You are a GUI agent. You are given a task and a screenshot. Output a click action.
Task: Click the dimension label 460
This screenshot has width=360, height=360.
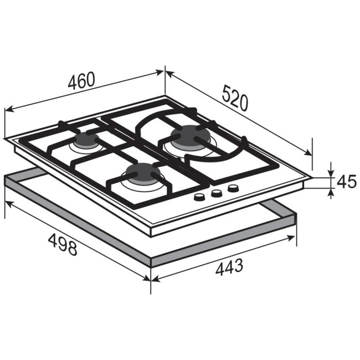coord(81,81)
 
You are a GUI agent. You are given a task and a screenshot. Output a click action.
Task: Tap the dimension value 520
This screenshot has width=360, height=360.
coord(235,98)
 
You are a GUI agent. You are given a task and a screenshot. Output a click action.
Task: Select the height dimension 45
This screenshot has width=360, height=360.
coord(347,181)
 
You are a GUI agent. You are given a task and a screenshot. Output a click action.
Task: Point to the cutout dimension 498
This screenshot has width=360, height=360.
coord(63,244)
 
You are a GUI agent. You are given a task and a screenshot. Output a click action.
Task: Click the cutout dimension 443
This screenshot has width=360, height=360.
coord(229,267)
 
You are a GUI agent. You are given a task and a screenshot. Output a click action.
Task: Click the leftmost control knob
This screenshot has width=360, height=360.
coord(199,197)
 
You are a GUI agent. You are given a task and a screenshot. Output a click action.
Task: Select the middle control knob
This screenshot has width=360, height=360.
coord(217,193)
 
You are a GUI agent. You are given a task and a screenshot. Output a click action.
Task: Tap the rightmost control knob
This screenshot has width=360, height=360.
coord(233,189)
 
